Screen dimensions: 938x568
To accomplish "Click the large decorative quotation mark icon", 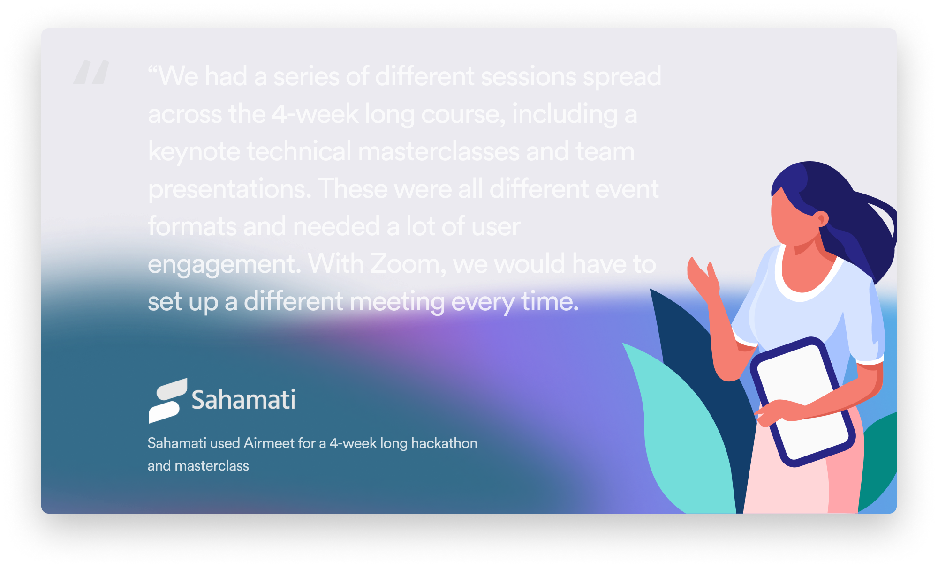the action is point(91,72).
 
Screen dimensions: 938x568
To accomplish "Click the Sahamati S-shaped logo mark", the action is point(168,401).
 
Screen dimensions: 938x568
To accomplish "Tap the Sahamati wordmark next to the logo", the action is point(243,400).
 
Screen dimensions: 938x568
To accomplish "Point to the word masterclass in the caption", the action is point(212,465).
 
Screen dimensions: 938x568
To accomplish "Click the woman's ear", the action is point(821,219).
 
